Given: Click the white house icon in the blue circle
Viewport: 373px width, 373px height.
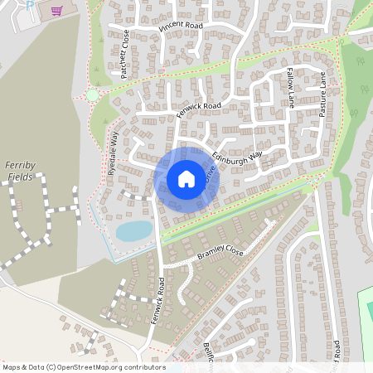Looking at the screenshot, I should [186, 178].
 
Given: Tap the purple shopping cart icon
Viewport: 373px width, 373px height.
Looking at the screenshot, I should [56, 11].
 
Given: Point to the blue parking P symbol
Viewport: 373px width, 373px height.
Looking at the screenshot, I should [30, 5].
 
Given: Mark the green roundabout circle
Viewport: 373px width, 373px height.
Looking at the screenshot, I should [92, 95].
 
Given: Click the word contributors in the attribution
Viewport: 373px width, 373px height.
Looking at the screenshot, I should [145, 367].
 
